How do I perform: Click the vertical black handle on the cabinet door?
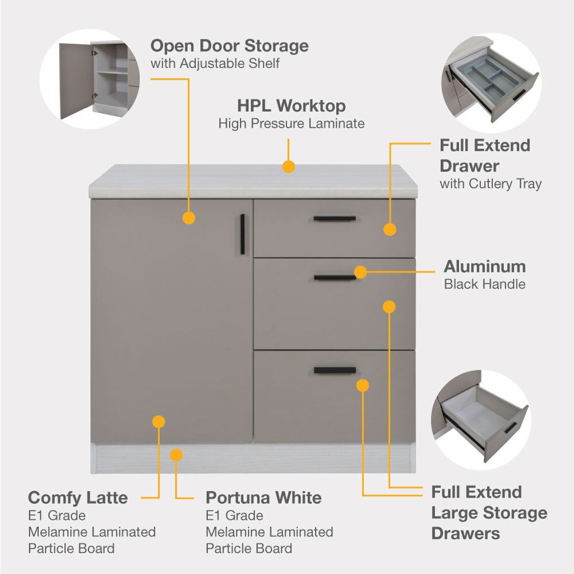243,234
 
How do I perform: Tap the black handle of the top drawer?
335,218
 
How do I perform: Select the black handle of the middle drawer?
335,277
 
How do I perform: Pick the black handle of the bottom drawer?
335,370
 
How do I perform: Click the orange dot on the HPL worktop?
289,166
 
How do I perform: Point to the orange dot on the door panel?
189,218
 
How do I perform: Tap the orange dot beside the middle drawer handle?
360,272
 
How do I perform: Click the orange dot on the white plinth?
177,455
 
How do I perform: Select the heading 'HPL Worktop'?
291,105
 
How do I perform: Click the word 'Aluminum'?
485,266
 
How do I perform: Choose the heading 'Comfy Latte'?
78,497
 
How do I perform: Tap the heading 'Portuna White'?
263,497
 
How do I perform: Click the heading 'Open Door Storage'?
229,45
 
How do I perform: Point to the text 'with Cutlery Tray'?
490,184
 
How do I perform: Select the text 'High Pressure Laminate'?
291,123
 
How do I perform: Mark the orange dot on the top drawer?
390,229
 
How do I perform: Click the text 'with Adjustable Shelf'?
215,63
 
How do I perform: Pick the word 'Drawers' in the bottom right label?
465,533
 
